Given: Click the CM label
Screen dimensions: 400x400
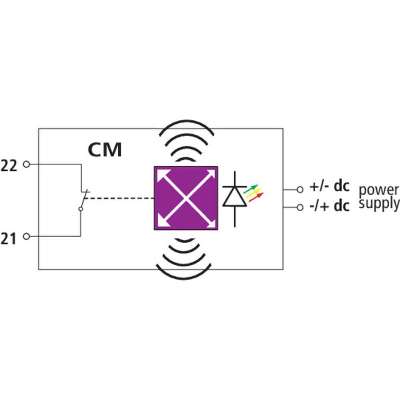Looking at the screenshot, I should point(105,150).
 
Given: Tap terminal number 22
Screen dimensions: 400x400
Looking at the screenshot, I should point(9,165).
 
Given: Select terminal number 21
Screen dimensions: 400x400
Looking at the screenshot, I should point(9,239).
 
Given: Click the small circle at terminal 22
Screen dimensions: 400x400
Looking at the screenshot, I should point(26,164).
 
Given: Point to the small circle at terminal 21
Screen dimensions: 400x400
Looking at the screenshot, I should point(26,236).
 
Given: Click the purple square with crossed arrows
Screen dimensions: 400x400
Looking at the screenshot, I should point(186,198).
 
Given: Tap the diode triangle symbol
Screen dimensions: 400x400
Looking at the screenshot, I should point(234,196).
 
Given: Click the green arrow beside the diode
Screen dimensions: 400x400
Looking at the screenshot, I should point(251,188).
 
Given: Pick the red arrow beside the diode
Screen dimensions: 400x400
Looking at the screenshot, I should point(256,197).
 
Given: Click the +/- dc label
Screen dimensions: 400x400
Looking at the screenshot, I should point(329,186).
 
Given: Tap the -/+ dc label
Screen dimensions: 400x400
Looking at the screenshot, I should point(329,206).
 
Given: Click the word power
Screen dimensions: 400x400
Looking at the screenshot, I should point(378,190).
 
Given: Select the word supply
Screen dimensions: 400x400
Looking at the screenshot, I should point(378,204).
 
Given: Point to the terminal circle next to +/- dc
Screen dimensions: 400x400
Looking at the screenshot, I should point(300,189).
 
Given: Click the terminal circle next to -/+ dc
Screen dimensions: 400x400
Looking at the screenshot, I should point(300,207).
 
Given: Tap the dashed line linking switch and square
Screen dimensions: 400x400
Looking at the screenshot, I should point(120,198).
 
